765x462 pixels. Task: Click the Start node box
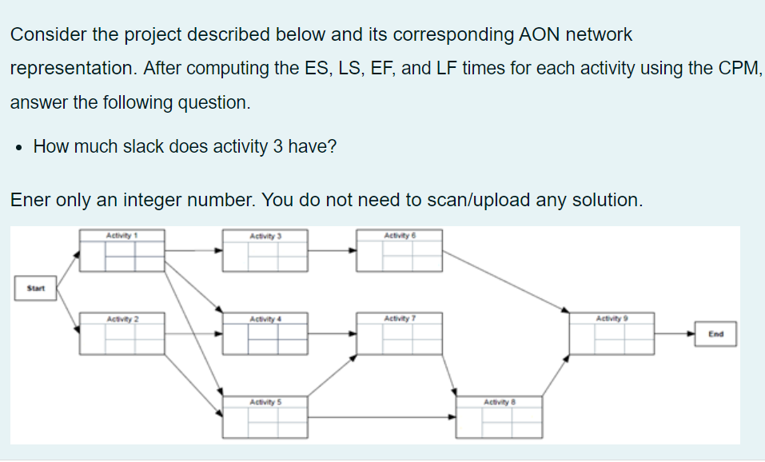pyautogui.click(x=35, y=288)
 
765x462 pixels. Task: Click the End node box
pyautogui.click(x=715, y=334)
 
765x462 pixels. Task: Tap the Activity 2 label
pyautogui.click(x=122, y=319)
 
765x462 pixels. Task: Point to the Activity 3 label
pyautogui.click(x=265, y=236)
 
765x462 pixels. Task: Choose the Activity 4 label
pyautogui.click(x=265, y=319)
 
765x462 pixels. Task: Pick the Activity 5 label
pyautogui.click(x=265, y=400)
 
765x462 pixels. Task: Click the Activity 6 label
pyautogui.click(x=400, y=235)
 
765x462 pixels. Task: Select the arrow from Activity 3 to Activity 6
pyautogui.click(x=332, y=250)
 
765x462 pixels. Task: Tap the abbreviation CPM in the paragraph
pyautogui.click(x=736, y=69)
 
